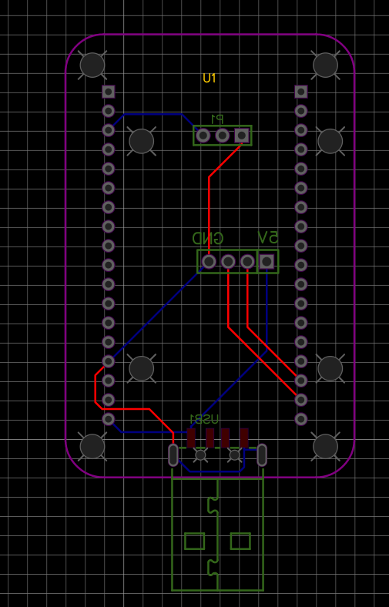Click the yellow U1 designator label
(209, 79)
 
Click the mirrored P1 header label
(217, 119)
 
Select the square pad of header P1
(242, 136)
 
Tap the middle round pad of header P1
(222, 136)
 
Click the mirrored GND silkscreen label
(208, 238)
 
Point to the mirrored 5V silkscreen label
(268, 237)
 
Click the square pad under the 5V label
(267, 262)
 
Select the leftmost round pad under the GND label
(209, 262)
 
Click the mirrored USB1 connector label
(204, 419)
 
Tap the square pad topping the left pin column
(109, 92)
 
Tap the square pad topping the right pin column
(301, 92)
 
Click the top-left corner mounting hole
(92, 65)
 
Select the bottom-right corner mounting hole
(326, 446)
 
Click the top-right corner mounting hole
(326, 65)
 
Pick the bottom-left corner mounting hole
(92, 446)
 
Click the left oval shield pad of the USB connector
(173, 454)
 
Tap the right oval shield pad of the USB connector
(262, 454)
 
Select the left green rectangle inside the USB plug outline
(194, 542)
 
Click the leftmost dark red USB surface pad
(191, 438)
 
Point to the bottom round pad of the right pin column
(301, 419)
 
